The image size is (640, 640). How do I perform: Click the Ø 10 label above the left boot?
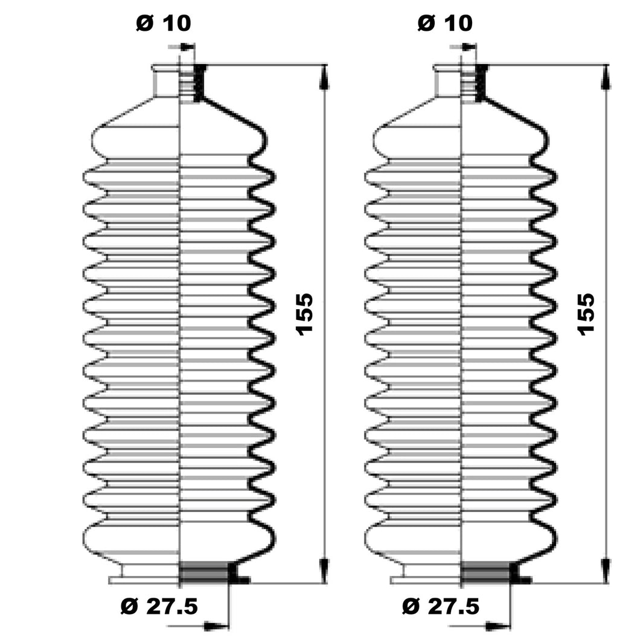coord(163,23)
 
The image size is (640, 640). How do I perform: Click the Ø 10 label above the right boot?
coord(445,23)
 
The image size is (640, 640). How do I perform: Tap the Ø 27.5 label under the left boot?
coord(159,606)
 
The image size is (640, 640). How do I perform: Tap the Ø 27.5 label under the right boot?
coord(441,606)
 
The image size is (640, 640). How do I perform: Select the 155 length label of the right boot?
coord(586,315)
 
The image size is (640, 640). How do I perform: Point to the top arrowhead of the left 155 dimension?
coord(324,77)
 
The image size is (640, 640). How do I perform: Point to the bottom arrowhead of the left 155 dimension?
coord(324,570)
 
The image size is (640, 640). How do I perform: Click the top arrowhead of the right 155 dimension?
coord(606,77)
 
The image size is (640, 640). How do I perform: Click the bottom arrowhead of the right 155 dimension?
coord(606,570)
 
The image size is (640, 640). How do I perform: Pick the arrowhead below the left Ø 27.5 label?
coord(216,626)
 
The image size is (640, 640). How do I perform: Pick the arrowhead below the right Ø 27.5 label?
coord(498,626)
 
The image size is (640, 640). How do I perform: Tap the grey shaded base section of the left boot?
coord(204,572)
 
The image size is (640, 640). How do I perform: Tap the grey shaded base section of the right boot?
coord(485,572)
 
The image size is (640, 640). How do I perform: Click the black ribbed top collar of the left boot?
coord(199,83)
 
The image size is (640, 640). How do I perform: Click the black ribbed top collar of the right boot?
coord(481,83)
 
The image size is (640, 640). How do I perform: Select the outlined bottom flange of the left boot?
coord(144,580)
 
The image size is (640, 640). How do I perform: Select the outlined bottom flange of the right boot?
coord(426,580)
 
